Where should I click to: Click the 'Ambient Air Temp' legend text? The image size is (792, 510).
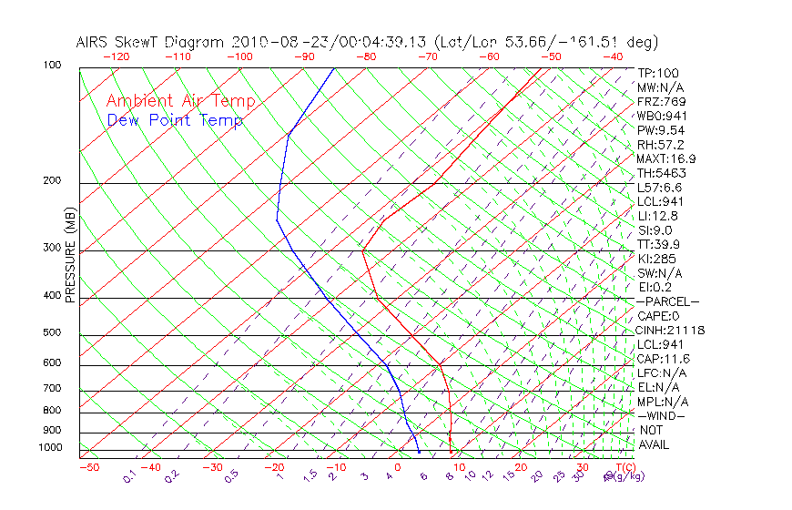click(x=180, y=101)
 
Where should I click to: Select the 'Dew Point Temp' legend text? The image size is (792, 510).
click(x=175, y=120)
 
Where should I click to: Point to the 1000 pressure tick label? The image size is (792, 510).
click(x=52, y=448)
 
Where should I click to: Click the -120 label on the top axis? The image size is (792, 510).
click(x=116, y=56)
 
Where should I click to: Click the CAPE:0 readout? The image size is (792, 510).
click(x=658, y=316)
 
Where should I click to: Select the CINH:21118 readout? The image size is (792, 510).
click(x=671, y=330)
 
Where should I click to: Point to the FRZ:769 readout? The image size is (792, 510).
click(x=662, y=101)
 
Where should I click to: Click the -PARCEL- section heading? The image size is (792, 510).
click(x=667, y=301)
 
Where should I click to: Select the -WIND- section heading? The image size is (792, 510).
click(x=662, y=415)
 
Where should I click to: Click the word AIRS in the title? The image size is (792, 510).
click(x=92, y=43)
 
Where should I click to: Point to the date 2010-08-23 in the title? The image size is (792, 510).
click(x=269, y=43)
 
